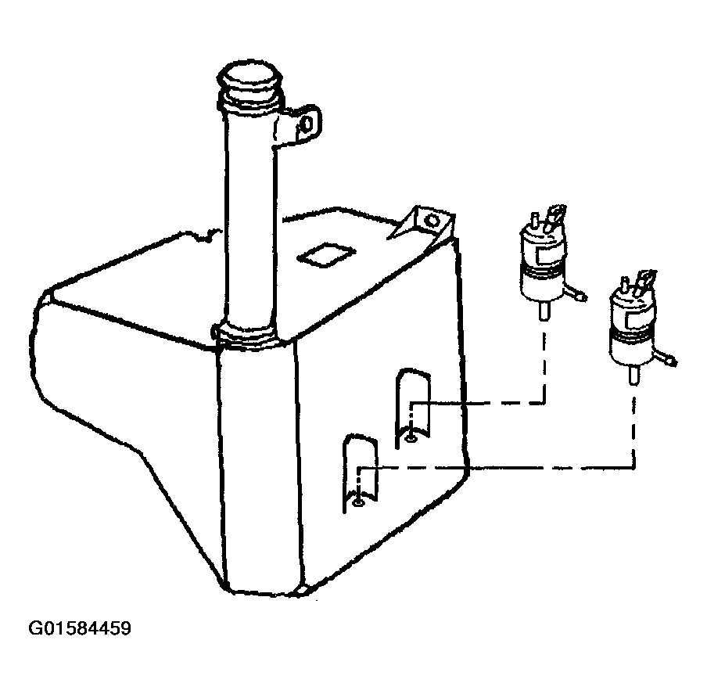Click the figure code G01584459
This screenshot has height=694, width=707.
click(x=80, y=628)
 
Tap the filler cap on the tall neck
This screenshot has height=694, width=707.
click(x=249, y=84)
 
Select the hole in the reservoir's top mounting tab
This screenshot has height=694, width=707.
click(x=432, y=221)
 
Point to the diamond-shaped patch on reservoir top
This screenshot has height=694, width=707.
click(x=326, y=255)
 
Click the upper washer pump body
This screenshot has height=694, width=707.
click(x=542, y=266)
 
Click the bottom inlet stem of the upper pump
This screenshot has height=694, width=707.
click(x=544, y=311)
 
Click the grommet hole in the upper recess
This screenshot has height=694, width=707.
click(x=411, y=438)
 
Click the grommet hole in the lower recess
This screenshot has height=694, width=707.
click(x=358, y=502)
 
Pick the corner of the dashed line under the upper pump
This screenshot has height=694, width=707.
click(x=544, y=403)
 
